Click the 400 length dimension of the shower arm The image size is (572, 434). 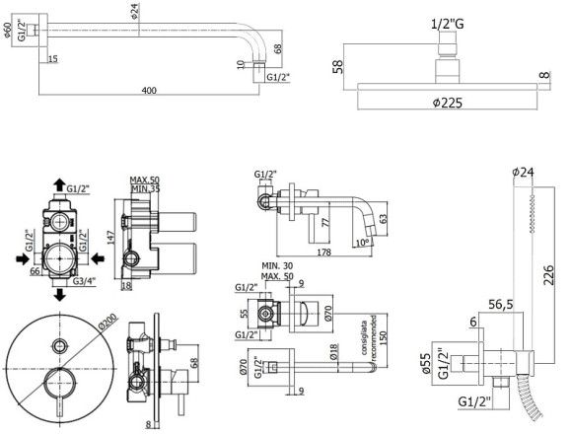click(x=149, y=91)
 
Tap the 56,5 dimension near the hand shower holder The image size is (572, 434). click(x=502, y=306)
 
